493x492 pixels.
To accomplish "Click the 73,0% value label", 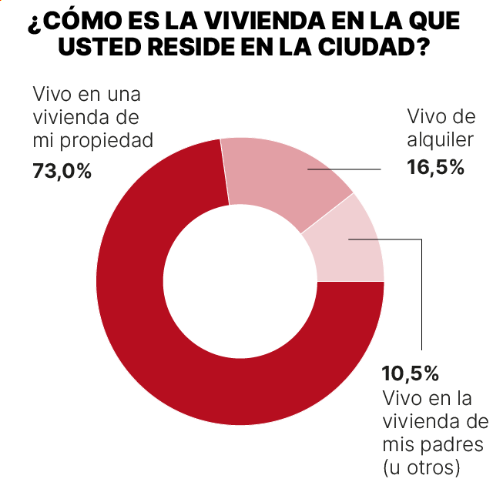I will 62,171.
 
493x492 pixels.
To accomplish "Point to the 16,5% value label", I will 436,167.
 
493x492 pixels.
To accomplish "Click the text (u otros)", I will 421,467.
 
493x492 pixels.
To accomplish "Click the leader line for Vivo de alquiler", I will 343,169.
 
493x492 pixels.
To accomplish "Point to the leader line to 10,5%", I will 422,308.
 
